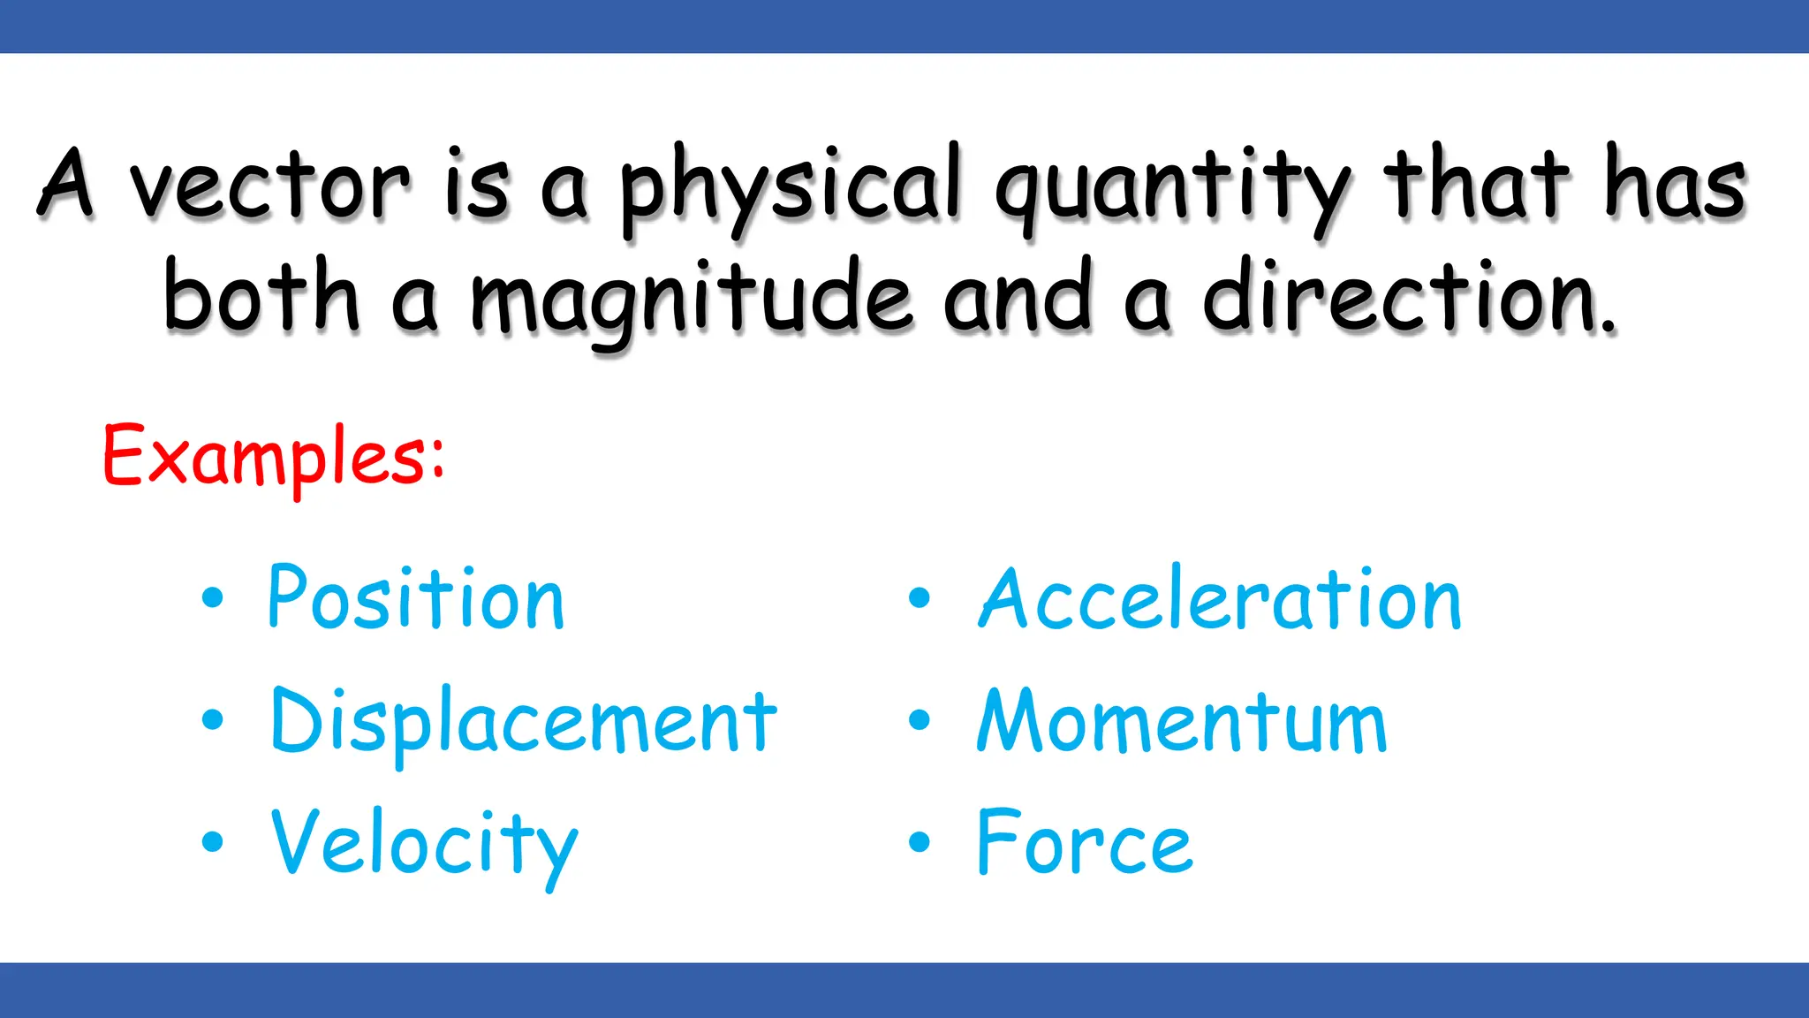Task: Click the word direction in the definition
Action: coord(1408,297)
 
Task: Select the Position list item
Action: coord(415,599)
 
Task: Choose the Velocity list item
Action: coord(424,843)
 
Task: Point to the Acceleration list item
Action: coord(1220,599)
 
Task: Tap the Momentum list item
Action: coord(1182,721)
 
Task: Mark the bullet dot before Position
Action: coord(213,598)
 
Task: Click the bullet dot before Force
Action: coord(920,842)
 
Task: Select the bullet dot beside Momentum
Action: coord(920,720)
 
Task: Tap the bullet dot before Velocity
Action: coord(213,841)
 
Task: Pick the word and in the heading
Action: coord(1018,297)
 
